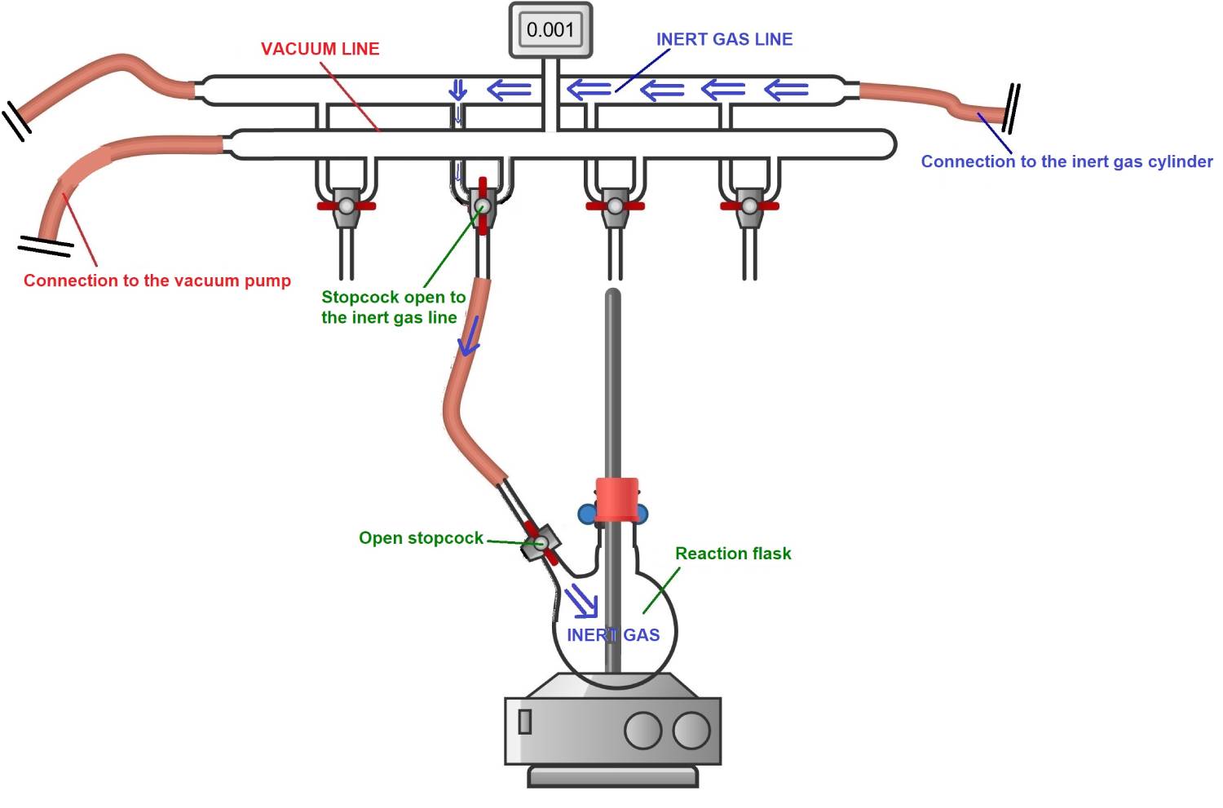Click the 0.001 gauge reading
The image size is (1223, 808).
[x=550, y=30]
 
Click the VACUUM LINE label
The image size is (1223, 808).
[x=320, y=49]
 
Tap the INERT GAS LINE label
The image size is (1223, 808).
[x=724, y=39]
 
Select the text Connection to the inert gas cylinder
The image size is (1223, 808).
[x=1066, y=161]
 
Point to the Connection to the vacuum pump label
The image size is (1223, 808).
[x=157, y=280]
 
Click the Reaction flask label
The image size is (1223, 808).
[x=732, y=554]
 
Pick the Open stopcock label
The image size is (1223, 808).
[x=421, y=538]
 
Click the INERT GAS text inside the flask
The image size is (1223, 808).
[x=613, y=635]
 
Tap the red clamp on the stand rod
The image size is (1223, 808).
[x=616, y=499]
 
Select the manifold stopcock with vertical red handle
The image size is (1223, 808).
[x=482, y=206]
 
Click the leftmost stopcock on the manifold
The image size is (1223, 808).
[x=347, y=206]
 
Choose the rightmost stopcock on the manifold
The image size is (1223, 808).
[x=749, y=206]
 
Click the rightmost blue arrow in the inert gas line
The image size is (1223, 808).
[x=787, y=89]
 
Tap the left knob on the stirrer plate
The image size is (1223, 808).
[x=642, y=731]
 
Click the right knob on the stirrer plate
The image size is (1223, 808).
[x=691, y=731]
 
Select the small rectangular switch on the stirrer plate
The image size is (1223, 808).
[x=525, y=722]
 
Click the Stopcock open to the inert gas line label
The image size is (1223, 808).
[x=393, y=307]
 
